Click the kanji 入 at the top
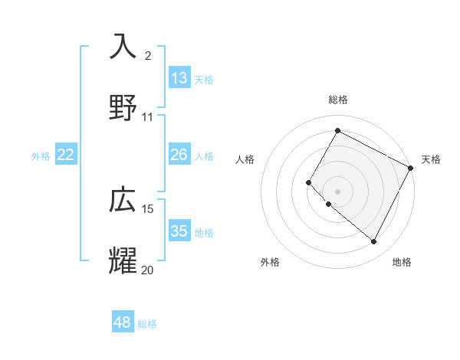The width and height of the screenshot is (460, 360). click(x=123, y=47)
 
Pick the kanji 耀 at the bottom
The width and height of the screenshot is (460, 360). click(x=123, y=260)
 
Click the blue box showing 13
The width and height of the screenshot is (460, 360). click(x=179, y=78)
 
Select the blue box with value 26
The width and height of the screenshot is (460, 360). click(x=179, y=155)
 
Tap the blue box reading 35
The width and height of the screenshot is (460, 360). click(x=179, y=231)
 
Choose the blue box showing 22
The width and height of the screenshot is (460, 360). click(x=66, y=155)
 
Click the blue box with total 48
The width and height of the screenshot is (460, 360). click(x=122, y=322)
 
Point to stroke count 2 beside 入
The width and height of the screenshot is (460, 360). click(x=148, y=55)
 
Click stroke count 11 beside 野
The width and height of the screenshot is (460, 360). click(x=148, y=116)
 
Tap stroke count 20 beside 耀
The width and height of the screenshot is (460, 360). click(x=148, y=270)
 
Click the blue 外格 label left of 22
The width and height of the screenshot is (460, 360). click(x=41, y=156)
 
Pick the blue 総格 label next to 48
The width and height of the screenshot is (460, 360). click(x=147, y=324)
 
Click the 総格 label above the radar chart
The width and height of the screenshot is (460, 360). click(x=337, y=100)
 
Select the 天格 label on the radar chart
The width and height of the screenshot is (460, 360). click(x=431, y=159)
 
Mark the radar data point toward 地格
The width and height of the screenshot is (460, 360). click(x=374, y=242)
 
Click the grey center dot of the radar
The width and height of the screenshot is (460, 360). click(x=337, y=191)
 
